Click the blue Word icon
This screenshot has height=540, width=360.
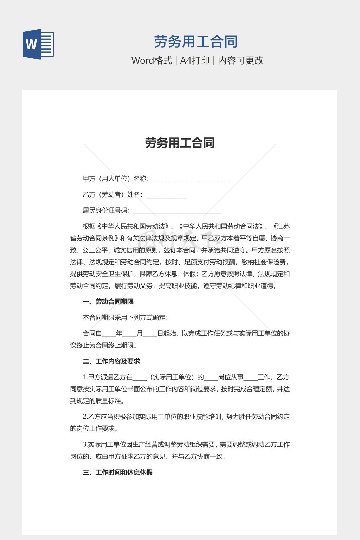click(x=39, y=44)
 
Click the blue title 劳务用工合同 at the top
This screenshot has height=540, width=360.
click(x=196, y=42)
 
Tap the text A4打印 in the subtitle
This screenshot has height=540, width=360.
click(x=195, y=60)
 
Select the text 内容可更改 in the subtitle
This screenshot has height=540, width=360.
click(x=241, y=60)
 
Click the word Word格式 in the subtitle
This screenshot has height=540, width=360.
click(x=152, y=60)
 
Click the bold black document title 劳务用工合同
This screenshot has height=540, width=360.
click(x=180, y=143)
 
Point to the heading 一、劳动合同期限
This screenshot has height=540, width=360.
click(x=108, y=302)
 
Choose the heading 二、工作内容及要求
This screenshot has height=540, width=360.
click(x=111, y=361)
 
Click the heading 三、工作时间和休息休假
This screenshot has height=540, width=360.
click(x=117, y=472)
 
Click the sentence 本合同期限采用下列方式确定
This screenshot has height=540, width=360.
click(x=125, y=317)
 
